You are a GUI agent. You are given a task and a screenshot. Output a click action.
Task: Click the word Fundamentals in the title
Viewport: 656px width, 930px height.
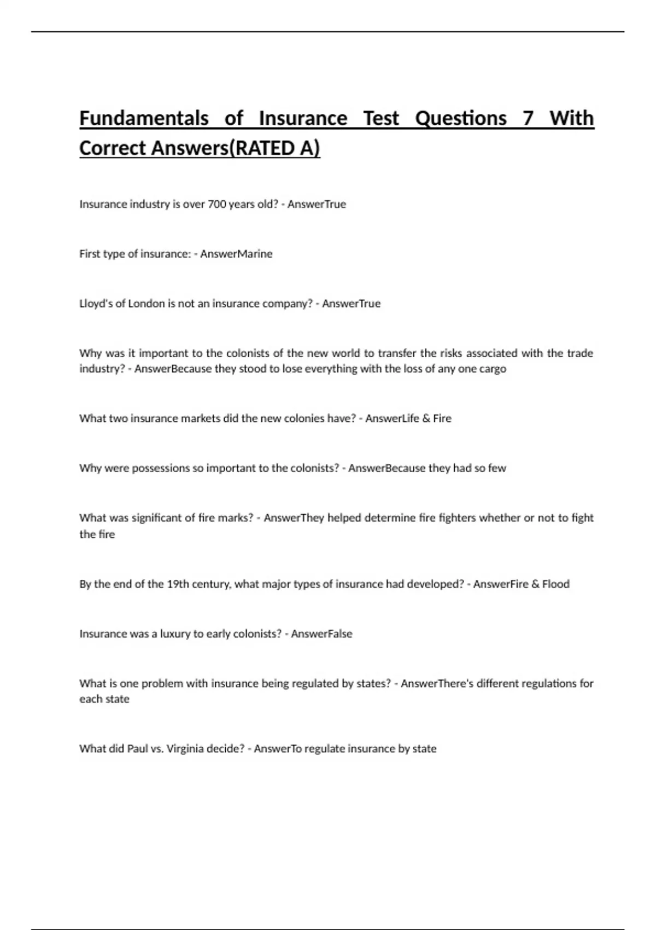pos(144,118)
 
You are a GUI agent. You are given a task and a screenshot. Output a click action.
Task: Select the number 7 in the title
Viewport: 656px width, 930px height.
pos(528,118)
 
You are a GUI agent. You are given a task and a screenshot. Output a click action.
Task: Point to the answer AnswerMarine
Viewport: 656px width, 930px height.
pos(236,254)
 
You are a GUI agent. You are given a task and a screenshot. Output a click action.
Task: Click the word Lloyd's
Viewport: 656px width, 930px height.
pos(96,304)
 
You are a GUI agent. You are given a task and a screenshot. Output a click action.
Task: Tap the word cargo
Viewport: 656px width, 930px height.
pos(492,369)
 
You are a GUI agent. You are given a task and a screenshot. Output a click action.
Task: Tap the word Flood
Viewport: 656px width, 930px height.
pos(555,584)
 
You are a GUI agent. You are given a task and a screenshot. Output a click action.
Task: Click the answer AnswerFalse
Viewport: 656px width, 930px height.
pos(321,633)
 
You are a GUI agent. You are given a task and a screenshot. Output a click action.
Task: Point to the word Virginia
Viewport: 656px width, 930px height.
pos(194,748)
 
